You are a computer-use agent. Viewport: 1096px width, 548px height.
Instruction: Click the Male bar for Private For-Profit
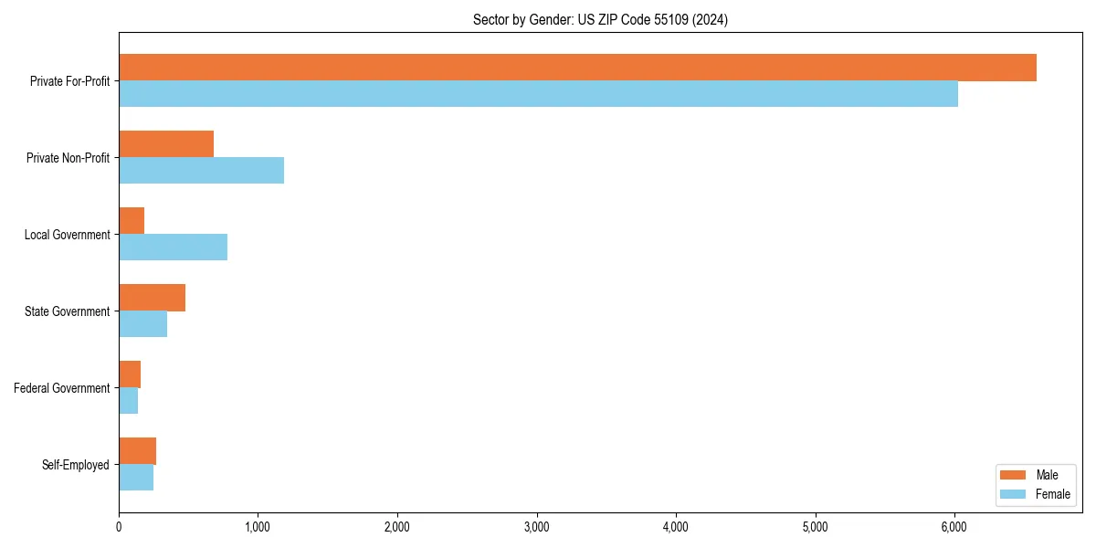coord(577,68)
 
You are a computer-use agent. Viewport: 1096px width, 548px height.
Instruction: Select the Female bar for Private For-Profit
coord(538,94)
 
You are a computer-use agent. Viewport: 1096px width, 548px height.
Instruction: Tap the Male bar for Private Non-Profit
coord(166,144)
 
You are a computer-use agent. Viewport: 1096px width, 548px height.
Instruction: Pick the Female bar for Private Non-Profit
coord(201,171)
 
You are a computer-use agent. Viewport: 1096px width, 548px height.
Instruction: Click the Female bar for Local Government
coord(173,248)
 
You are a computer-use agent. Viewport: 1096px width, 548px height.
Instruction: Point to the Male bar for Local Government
coord(132,221)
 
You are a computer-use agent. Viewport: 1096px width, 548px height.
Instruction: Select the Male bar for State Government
coord(152,298)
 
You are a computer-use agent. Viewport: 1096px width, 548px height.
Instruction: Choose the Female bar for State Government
coord(142,324)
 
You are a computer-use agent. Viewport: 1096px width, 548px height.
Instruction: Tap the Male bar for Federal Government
coord(130,374)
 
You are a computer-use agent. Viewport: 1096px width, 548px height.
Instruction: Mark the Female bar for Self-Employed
coord(136,478)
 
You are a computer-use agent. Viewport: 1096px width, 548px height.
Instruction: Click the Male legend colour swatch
coord(1013,475)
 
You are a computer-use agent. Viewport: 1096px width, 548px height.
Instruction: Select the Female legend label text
coord(1052,494)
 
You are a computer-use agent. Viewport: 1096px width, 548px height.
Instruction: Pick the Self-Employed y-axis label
coord(76,465)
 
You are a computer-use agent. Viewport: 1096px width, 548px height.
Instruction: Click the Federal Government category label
coord(62,388)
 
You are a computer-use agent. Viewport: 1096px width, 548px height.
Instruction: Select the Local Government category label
coord(68,235)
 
